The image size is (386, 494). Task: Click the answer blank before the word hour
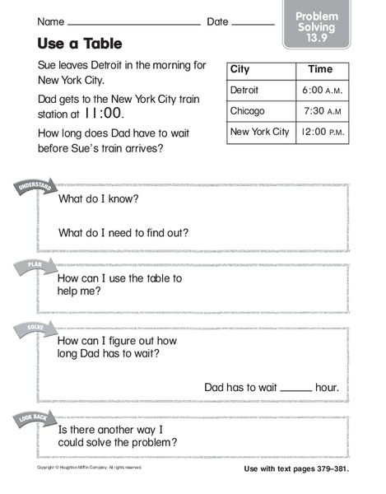296,388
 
